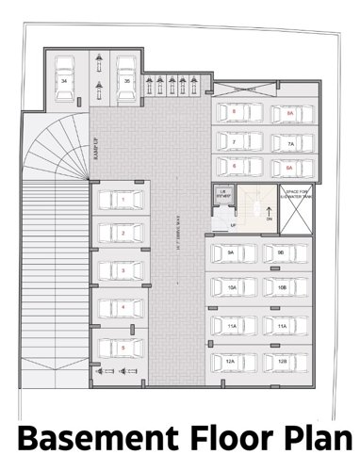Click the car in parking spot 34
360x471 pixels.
[x=64, y=76]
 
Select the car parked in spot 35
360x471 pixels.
[x=127, y=76]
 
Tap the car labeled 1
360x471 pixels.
[x=123, y=201]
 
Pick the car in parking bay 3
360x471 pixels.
[x=123, y=271]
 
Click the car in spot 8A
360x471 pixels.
[x=290, y=114]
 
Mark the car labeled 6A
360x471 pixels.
[x=290, y=169]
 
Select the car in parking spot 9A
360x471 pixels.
[x=231, y=253]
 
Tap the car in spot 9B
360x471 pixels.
[x=282, y=253]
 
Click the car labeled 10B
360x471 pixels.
[x=282, y=288]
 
